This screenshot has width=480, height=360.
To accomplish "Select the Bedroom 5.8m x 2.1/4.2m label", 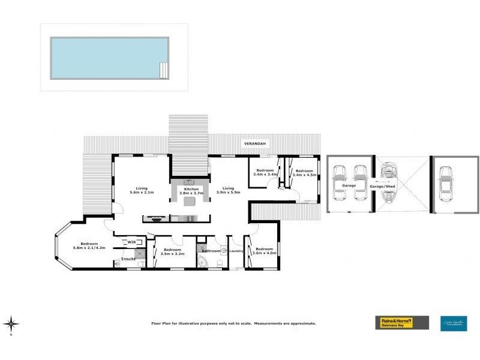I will [x=89, y=246].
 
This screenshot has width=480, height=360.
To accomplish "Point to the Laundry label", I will [x=236, y=251].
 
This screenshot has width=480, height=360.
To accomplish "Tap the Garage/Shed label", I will [x=382, y=187].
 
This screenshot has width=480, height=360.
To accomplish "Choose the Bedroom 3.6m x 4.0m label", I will [x=264, y=251].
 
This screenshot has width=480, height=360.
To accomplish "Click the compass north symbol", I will [x=11, y=324].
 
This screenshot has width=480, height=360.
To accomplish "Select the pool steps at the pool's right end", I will [x=163, y=70].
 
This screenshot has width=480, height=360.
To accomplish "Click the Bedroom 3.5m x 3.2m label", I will [x=172, y=251].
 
